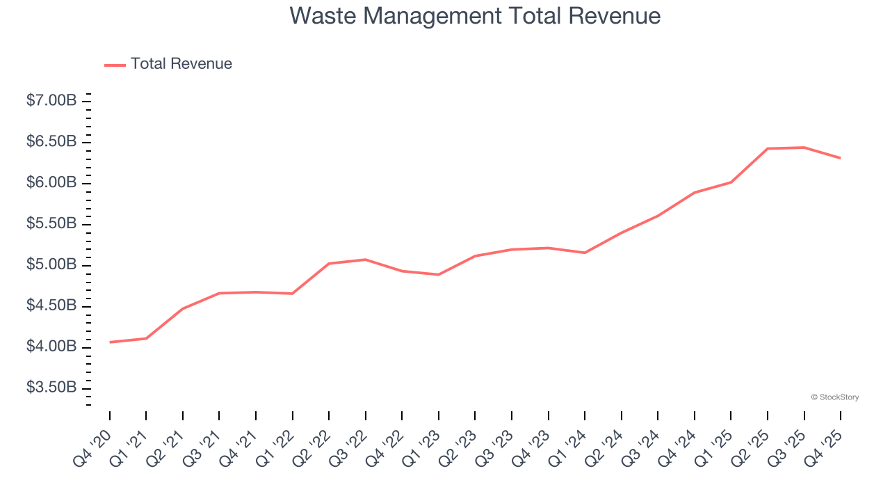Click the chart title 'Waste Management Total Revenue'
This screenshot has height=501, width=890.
pyautogui.click(x=475, y=15)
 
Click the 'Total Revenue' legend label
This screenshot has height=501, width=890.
pyautogui.click(x=181, y=64)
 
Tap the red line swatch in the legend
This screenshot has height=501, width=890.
pyautogui.click(x=115, y=65)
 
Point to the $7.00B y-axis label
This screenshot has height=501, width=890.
pyautogui.click(x=51, y=101)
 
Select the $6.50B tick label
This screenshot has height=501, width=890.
pyautogui.click(x=51, y=142)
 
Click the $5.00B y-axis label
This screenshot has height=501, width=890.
pyautogui.click(x=51, y=265)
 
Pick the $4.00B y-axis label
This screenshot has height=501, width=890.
pyautogui.click(x=51, y=347)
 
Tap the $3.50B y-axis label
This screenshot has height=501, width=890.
pyautogui.click(x=51, y=388)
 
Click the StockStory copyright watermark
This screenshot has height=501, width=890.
pyautogui.click(x=834, y=397)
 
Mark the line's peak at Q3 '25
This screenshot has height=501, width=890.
pyautogui.click(x=804, y=148)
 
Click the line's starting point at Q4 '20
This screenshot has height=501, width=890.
pyautogui.click(x=110, y=342)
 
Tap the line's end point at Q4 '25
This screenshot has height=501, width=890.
pyautogui.click(x=840, y=158)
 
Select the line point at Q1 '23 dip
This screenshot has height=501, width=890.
pyautogui.click(x=439, y=275)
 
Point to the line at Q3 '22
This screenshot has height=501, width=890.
pyautogui.click(x=366, y=260)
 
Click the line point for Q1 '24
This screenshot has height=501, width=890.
pyautogui.click(x=585, y=253)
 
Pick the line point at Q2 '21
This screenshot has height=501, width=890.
pyautogui.click(x=183, y=308)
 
